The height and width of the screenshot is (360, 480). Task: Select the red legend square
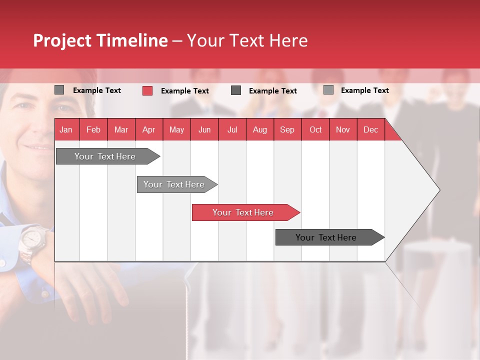pos(147,90)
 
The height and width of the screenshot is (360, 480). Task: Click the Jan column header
pos(66,130)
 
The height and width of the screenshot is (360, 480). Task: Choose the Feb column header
pos(93,130)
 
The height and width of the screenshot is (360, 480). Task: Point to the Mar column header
pos(121,130)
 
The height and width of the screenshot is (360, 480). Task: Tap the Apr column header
pos(149,130)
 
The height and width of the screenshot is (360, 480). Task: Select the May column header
pos(176,130)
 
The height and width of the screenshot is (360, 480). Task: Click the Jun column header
pos(204,130)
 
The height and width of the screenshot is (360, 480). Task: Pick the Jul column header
pos(232,130)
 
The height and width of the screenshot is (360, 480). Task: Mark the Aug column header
pos(260,130)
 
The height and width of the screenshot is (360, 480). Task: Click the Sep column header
pos(287,130)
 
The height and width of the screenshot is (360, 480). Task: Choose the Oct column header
pos(315,130)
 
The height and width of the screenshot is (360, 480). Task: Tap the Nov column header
pos(343,130)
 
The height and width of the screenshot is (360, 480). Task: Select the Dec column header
pos(371,130)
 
